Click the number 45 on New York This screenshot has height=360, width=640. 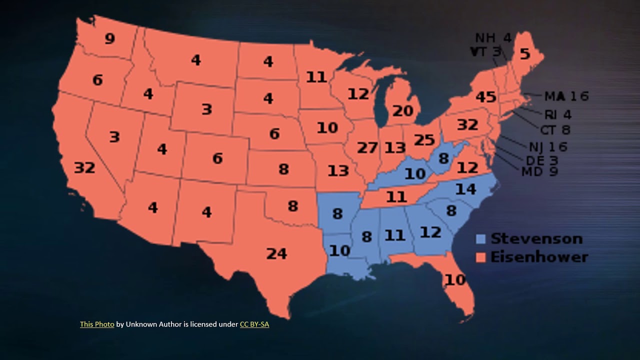pos(485,96)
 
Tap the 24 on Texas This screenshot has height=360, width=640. pos(276,253)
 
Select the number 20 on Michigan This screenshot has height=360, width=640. pos(402,110)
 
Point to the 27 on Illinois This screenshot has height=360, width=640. pos(367,148)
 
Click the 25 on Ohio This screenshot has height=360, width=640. pos(424,140)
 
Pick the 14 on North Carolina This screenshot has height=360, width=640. pos(465,189)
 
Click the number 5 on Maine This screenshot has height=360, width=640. pos(524,53)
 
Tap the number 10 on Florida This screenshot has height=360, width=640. pos(455,280)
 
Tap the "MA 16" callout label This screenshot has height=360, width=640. pos(566,96)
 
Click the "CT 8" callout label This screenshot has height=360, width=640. pos(555,130)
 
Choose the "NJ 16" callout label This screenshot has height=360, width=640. pos(548,146)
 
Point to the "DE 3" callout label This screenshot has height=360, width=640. pos(541,160)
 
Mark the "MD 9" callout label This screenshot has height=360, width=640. pos(539,171)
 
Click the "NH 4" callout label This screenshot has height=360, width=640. pos(493,38)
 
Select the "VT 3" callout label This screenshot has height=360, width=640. pos(485,51)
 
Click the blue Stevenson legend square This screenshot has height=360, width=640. pos(481,239)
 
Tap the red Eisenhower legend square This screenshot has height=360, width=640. pos(481,257)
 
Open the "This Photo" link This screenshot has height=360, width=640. pos(97,324)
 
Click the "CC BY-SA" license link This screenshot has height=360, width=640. pos(254,324)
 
